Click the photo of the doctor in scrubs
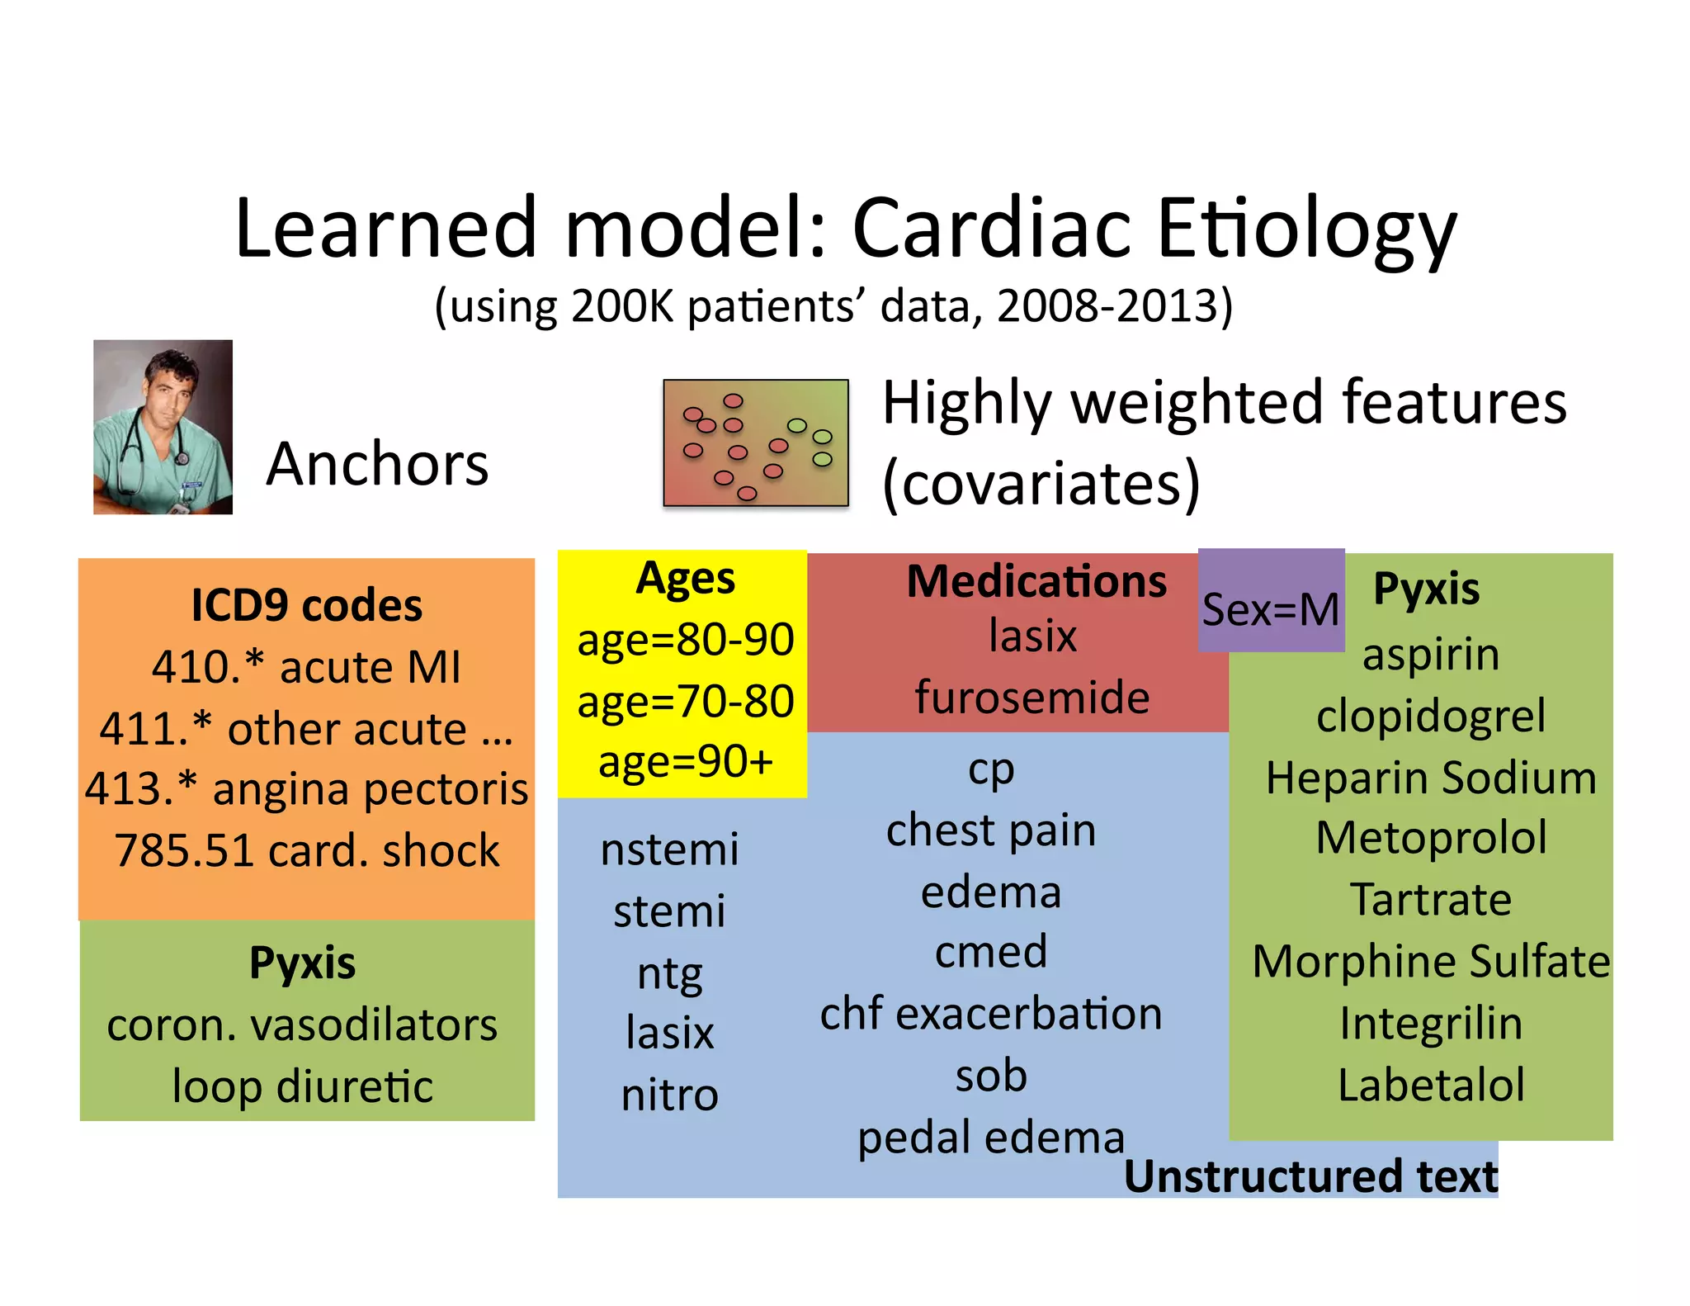point(163,427)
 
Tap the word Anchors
point(377,464)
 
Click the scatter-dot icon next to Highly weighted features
point(756,442)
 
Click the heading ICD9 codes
point(306,605)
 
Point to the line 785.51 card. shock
point(306,850)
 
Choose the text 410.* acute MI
point(306,667)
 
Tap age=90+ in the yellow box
point(685,761)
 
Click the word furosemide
point(1032,698)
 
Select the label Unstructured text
point(1310,1176)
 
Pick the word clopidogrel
point(1431,716)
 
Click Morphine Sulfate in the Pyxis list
point(1431,962)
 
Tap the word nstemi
point(669,849)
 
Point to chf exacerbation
point(990,1014)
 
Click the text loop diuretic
point(302,1086)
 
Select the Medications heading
point(1036,581)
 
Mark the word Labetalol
point(1431,1085)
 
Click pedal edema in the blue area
point(990,1138)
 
